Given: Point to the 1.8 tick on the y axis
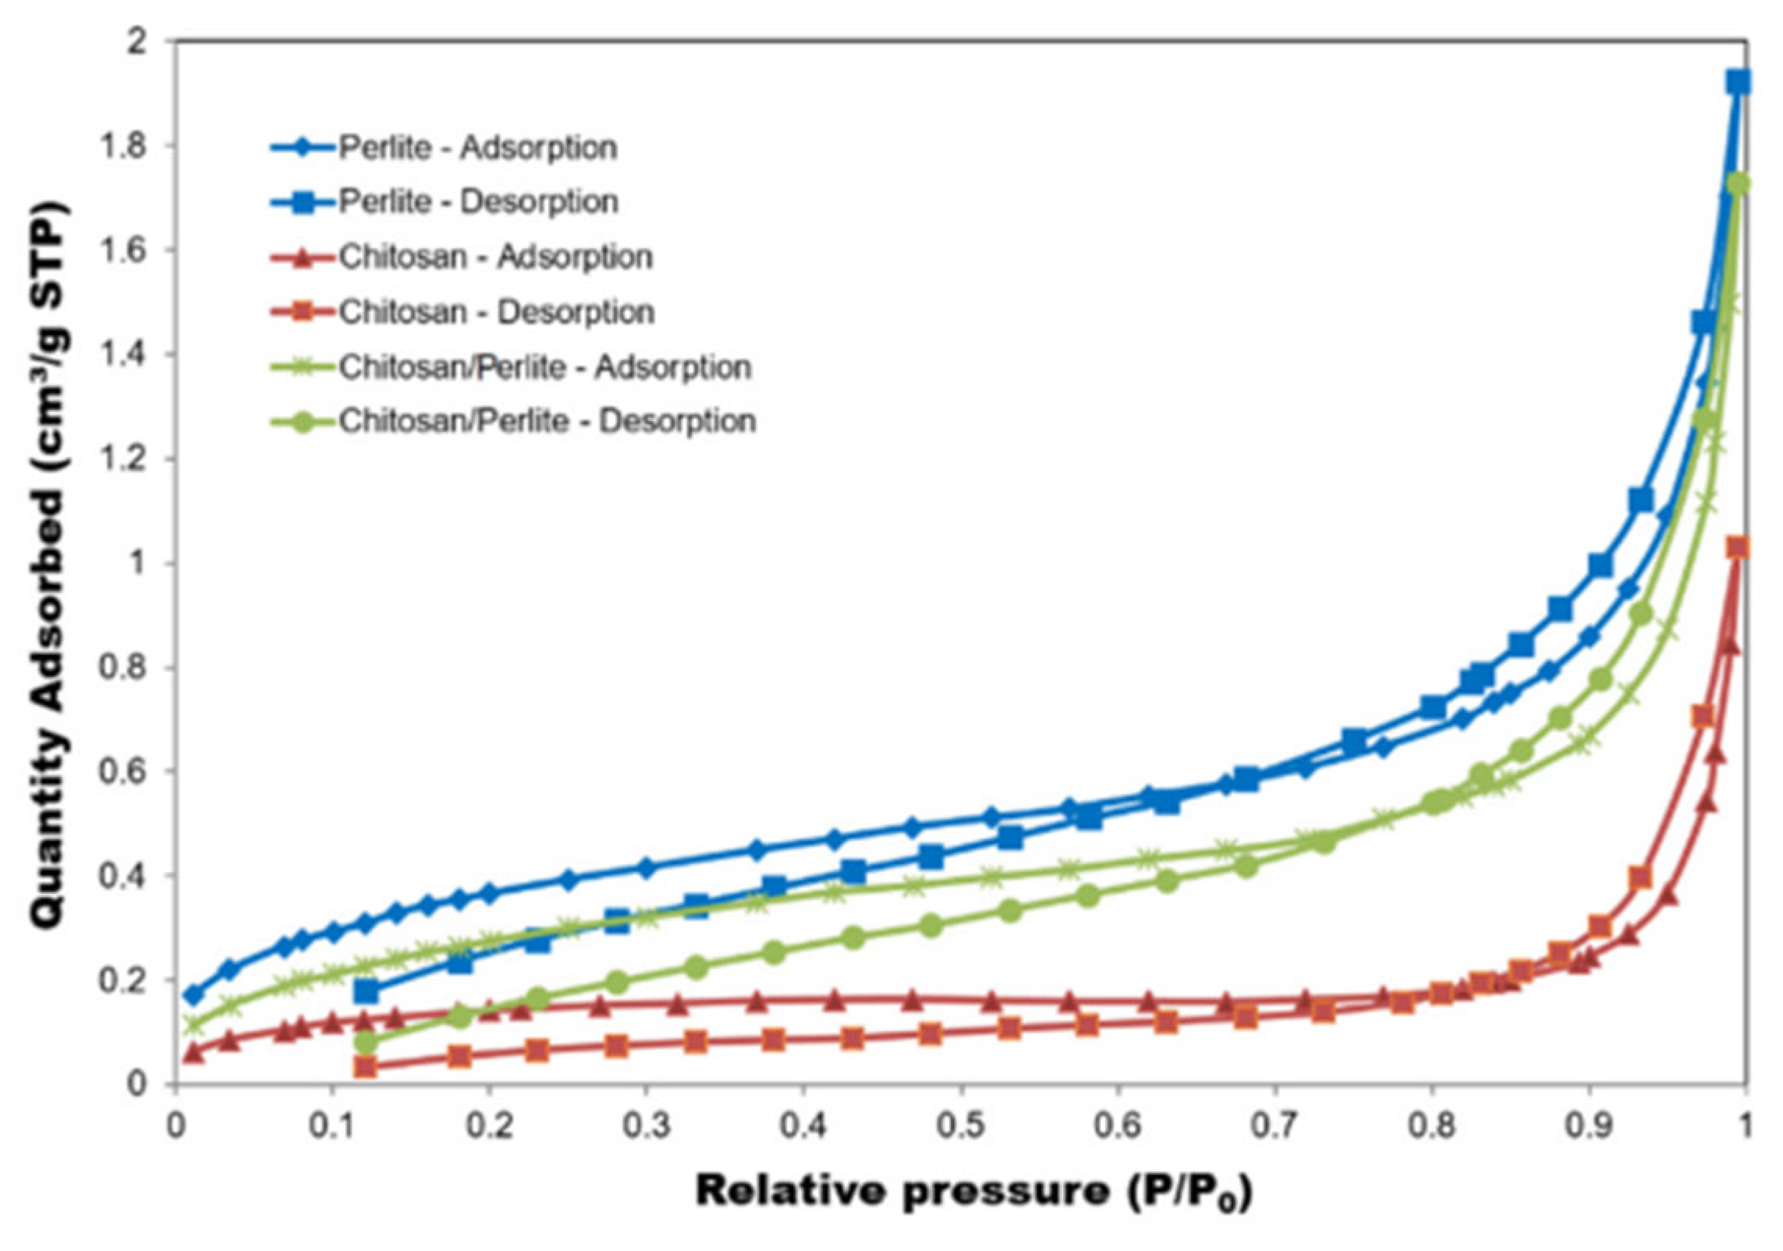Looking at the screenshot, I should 123,146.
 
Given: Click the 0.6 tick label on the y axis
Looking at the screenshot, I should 123,771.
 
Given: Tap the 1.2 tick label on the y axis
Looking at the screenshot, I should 123,459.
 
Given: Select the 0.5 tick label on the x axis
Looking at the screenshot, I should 962,1128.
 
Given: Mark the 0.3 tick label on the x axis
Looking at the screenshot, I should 647,1128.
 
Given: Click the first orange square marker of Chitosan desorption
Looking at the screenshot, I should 366,1066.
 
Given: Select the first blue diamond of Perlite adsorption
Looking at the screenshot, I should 193,995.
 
